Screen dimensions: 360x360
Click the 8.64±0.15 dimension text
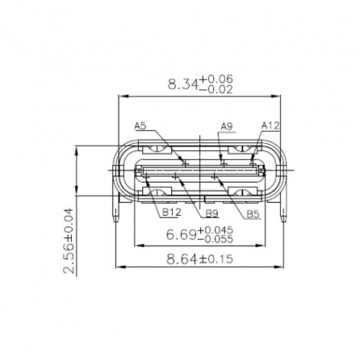coord(199,259)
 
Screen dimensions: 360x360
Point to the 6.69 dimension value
coord(181,234)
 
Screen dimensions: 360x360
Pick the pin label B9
coord(212,212)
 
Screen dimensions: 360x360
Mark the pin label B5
coord(252,212)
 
